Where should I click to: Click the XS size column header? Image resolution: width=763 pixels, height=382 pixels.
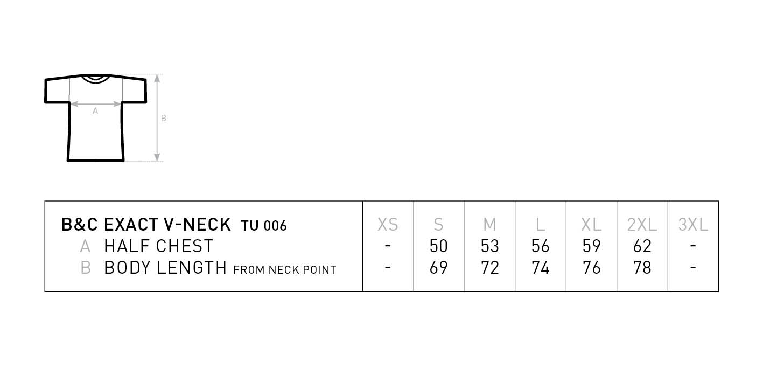(388, 225)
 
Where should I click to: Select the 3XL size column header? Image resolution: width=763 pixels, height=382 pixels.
(693, 225)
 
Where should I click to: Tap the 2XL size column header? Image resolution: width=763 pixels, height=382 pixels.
(642, 225)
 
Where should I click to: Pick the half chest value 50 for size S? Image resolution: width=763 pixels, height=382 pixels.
(438, 246)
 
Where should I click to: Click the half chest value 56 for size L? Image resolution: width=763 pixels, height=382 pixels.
(540, 246)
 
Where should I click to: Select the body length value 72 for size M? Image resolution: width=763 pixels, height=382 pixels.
(490, 267)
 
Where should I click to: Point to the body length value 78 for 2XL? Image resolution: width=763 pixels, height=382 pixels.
(642, 267)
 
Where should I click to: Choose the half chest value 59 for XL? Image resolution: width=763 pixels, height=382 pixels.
(591, 246)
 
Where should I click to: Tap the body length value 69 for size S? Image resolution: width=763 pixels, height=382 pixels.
(438, 267)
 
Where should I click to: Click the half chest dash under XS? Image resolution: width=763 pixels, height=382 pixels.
(388, 246)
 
